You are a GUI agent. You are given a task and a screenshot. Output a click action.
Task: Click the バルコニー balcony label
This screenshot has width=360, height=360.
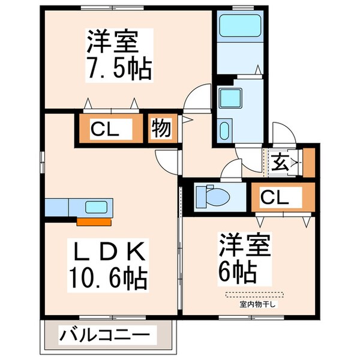click(107, 333)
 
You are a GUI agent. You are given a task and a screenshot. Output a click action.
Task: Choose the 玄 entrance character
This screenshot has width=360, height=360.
click(281, 162)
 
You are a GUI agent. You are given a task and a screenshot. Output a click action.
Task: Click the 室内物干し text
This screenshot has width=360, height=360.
click(257, 304)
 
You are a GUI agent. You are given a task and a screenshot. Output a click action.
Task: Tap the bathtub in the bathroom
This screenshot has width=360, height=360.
click(238, 26)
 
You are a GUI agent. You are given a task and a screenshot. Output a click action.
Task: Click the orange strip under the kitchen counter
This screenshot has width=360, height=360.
click(94, 221)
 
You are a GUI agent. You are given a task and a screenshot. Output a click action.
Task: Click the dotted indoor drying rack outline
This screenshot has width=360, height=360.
click(256, 295)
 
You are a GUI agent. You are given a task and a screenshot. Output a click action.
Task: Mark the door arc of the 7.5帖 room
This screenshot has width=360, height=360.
click(197, 97)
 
